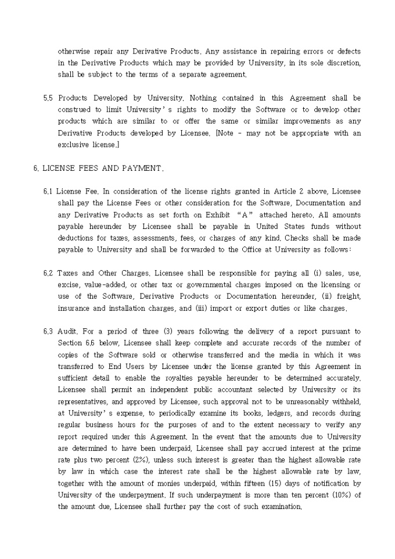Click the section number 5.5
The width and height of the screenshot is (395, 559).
tap(49, 98)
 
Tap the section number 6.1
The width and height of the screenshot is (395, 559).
tap(49, 191)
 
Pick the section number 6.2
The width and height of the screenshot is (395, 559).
tap(49, 273)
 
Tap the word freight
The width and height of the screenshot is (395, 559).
tap(350, 296)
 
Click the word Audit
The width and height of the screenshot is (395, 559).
tap(69, 331)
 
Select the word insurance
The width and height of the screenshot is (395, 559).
tap(74, 308)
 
